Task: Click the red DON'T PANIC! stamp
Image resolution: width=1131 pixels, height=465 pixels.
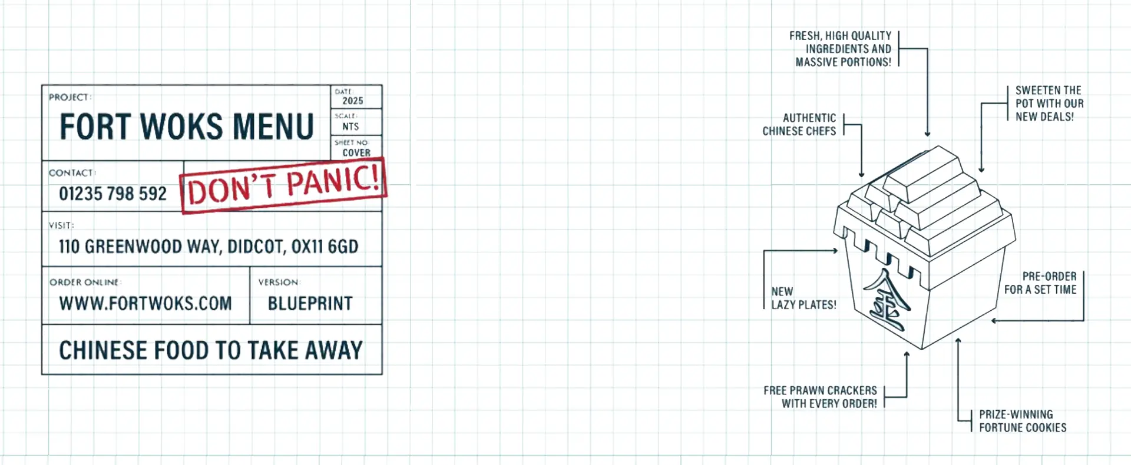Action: (283, 185)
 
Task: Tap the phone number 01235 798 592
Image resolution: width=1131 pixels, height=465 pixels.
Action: (113, 194)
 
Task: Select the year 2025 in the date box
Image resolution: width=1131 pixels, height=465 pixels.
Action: (353, 101)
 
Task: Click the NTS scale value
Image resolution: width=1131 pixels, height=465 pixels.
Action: (350, 127)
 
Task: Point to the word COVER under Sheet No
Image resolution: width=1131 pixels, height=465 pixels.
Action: (356, 152)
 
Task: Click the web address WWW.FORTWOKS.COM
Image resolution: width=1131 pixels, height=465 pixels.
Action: (145, 304)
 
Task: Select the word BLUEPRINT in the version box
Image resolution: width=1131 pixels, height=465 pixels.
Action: (310, 304)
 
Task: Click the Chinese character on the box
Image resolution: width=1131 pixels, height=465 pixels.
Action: (887, 299)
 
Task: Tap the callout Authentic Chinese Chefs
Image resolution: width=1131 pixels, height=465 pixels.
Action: (799, 125)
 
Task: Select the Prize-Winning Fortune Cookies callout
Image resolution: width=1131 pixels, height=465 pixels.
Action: (1023, 421)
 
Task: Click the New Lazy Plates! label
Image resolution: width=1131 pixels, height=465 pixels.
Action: (803, 298)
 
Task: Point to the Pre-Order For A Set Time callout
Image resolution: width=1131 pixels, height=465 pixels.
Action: (1040, 283)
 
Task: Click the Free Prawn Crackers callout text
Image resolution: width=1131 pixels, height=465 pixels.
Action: (820, 397)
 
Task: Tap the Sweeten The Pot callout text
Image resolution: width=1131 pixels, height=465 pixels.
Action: (1049, 104)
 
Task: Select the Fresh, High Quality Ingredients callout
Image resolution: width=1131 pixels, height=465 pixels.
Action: (841, 49)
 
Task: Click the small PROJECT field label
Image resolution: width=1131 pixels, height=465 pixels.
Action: (70, 97)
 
